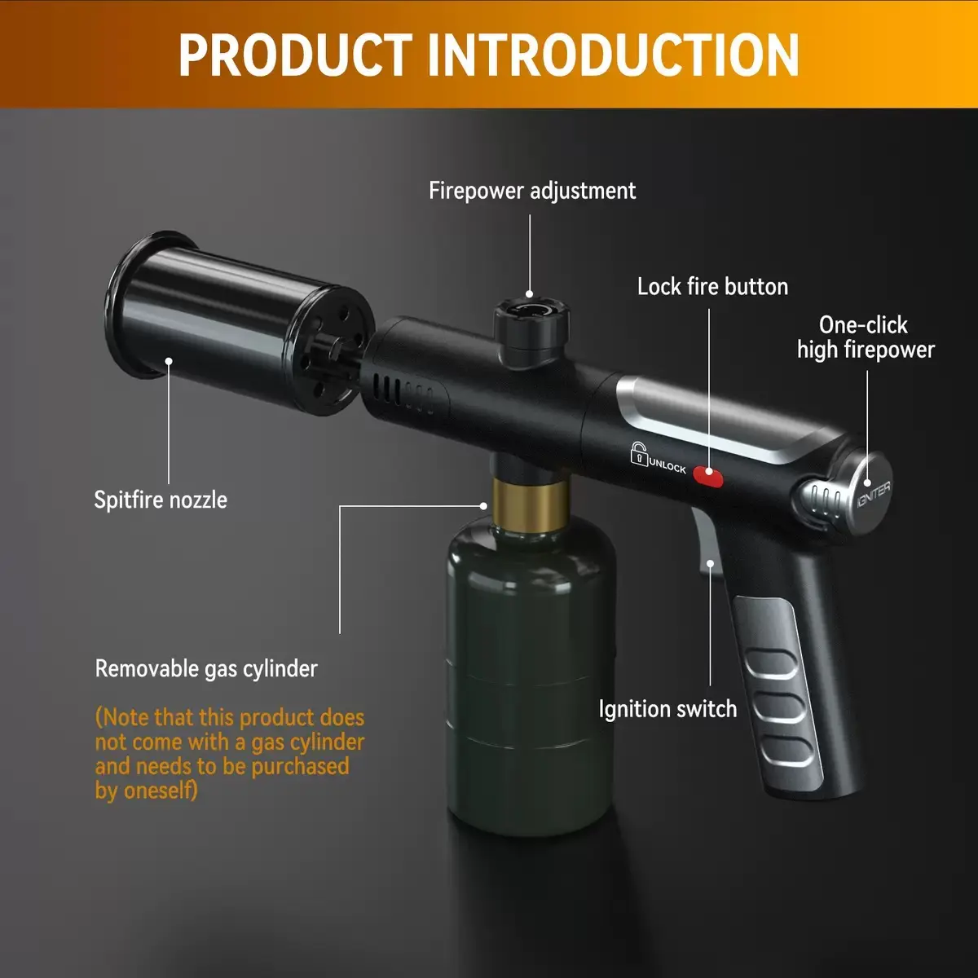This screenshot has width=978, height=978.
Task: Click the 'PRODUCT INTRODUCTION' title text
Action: pyautogui.click(x=489, y=55)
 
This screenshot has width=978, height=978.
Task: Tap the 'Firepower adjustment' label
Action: pyautogui.click(x=532, y=191)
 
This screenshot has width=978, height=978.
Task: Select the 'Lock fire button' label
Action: pyautogui.click(x=712, y=287)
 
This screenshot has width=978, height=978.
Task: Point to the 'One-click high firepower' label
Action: pyautogui.click(x=866, y=337)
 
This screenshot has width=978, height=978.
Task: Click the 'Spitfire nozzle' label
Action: pyautogui.click(x=161, y=500)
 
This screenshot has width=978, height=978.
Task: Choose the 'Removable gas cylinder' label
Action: pyautogui.click(x=206, y=668)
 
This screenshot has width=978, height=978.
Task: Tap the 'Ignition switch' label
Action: pyautogui.click(x=667, y=709)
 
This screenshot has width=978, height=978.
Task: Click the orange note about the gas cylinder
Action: pyautogui.click(x=230, y=754)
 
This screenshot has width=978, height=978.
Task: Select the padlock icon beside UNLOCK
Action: pyautogui.click(x=639, y=453)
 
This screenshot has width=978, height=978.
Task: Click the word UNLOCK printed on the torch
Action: pyautogui.click(x=667, y=465)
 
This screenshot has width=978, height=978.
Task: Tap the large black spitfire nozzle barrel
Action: pyautogui.click(x=239, y=325)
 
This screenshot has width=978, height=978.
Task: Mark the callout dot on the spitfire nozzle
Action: pyautogui.click(x=169, y=361)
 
